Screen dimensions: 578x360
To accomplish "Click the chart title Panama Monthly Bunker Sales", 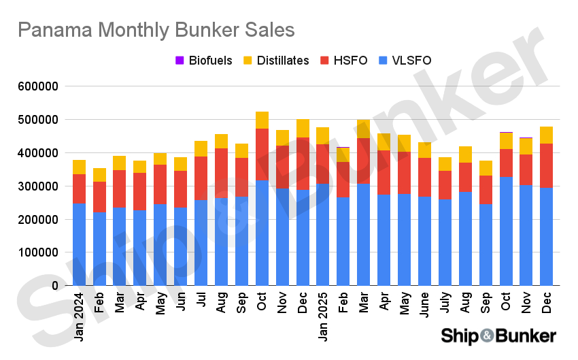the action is click(x=156, y=30).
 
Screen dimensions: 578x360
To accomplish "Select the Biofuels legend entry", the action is click(x=203, y=61).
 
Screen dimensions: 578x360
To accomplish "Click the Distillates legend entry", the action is click(x=276, y=61).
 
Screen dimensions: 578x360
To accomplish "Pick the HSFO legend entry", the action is click(x=344, y=61).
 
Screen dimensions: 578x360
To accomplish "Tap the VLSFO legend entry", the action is click(x=405, y=61).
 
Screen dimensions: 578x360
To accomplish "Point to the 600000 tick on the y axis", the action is click(x=38, y=86).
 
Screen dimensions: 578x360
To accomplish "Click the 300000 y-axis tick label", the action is click(x=38, y=186).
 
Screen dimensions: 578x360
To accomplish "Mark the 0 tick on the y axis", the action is click(x=55, y=286).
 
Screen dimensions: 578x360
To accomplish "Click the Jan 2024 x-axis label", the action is click(x=79, y=317).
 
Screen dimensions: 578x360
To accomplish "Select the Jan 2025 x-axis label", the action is click(x=322, y=317).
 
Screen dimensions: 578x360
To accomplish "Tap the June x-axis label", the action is click(x=424, y=305).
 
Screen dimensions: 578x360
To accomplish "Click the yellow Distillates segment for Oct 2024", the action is click(x=262, y=120).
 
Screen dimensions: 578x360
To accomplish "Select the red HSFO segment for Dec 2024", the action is click(x=303, y=164).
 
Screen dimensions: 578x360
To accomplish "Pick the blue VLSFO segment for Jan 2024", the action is click(x=80, y=244).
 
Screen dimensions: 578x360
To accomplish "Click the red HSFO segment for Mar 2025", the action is click(x=364, y=161).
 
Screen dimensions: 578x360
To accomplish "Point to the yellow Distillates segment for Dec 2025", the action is click(x=546, y=135).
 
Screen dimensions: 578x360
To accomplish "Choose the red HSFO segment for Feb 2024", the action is click(x=99, y=197).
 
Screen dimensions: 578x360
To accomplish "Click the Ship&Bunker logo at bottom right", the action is click(x=498, y=336).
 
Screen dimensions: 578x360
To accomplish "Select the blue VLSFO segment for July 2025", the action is click(x=445, y=242).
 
